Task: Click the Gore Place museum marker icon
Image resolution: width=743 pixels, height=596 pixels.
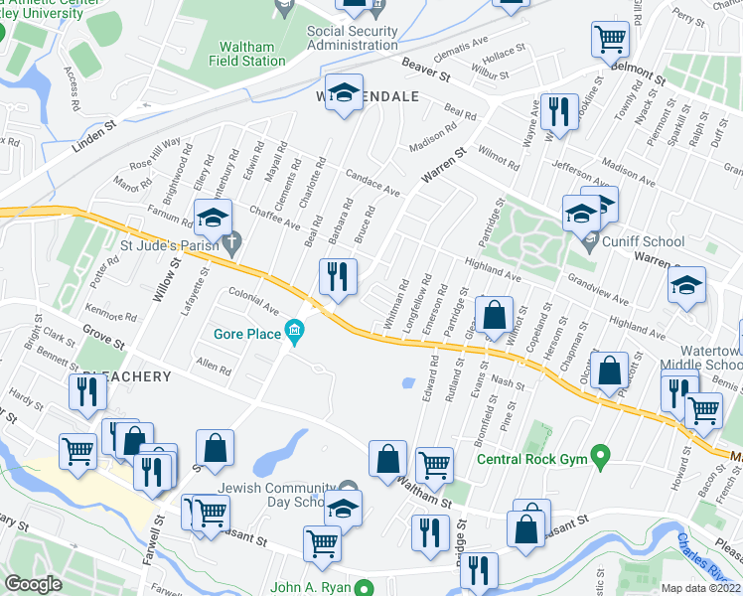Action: click(294, 331)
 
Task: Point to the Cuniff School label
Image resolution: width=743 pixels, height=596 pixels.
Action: click(643, 241)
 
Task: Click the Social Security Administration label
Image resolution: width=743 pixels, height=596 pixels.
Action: click(352, 38)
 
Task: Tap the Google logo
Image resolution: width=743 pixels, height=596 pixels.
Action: click(34, 584)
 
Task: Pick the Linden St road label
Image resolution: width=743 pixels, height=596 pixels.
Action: click(94, 137)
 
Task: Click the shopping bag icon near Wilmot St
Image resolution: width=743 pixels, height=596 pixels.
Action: click(494, 315)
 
